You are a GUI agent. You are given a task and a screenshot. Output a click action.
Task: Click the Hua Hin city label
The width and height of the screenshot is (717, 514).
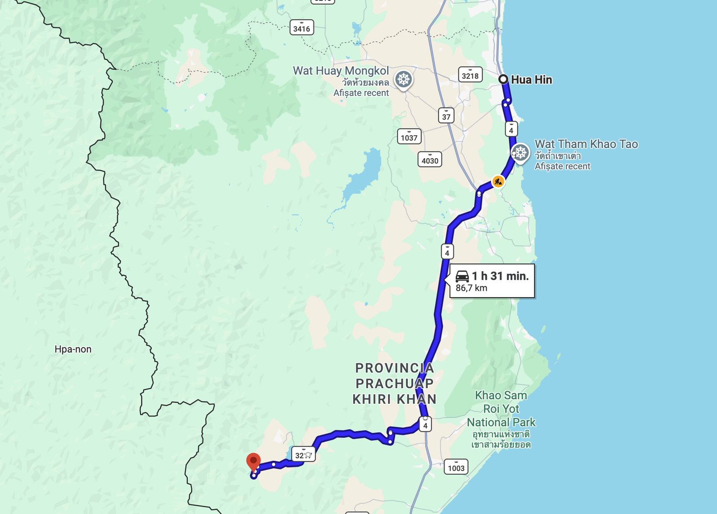click(531, 80)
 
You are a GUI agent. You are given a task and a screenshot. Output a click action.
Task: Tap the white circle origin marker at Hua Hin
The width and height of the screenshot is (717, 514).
click(503, 79)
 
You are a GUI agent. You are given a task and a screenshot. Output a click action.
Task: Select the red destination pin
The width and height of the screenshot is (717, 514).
click(254, 462)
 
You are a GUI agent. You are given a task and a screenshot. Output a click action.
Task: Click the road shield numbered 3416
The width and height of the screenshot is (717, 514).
click(302, 28)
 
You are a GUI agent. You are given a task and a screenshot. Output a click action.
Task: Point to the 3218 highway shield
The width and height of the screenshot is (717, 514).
click(470, 75)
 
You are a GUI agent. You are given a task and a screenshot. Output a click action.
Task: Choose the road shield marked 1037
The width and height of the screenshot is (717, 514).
click(409, 137)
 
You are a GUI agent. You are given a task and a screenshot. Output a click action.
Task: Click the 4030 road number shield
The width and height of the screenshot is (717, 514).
click(430, 160)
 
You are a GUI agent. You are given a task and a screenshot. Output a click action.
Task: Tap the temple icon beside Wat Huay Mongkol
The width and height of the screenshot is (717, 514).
click(403, 80)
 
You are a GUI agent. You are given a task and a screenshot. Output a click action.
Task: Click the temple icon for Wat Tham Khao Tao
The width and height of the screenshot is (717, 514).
click(520, 153)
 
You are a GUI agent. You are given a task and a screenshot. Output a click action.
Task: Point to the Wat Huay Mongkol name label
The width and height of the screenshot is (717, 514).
click(341, 71)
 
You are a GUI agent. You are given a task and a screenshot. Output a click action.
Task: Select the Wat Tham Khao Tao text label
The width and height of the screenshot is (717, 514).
click(586, 144)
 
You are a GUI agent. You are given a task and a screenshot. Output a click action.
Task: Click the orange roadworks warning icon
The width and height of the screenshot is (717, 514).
click(498, 181)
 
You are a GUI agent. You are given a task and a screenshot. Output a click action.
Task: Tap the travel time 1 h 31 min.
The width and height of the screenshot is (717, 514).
click(500, 276)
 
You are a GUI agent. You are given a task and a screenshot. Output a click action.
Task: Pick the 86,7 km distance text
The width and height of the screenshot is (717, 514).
click(471, 288)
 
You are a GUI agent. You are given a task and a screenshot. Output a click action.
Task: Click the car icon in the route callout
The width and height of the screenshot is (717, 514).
click(462, 276)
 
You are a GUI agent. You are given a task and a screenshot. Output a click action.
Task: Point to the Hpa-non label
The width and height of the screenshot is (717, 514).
click(73, 349)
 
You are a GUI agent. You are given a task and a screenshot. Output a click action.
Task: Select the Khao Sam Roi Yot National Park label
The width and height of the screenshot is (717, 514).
click(501, 409)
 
